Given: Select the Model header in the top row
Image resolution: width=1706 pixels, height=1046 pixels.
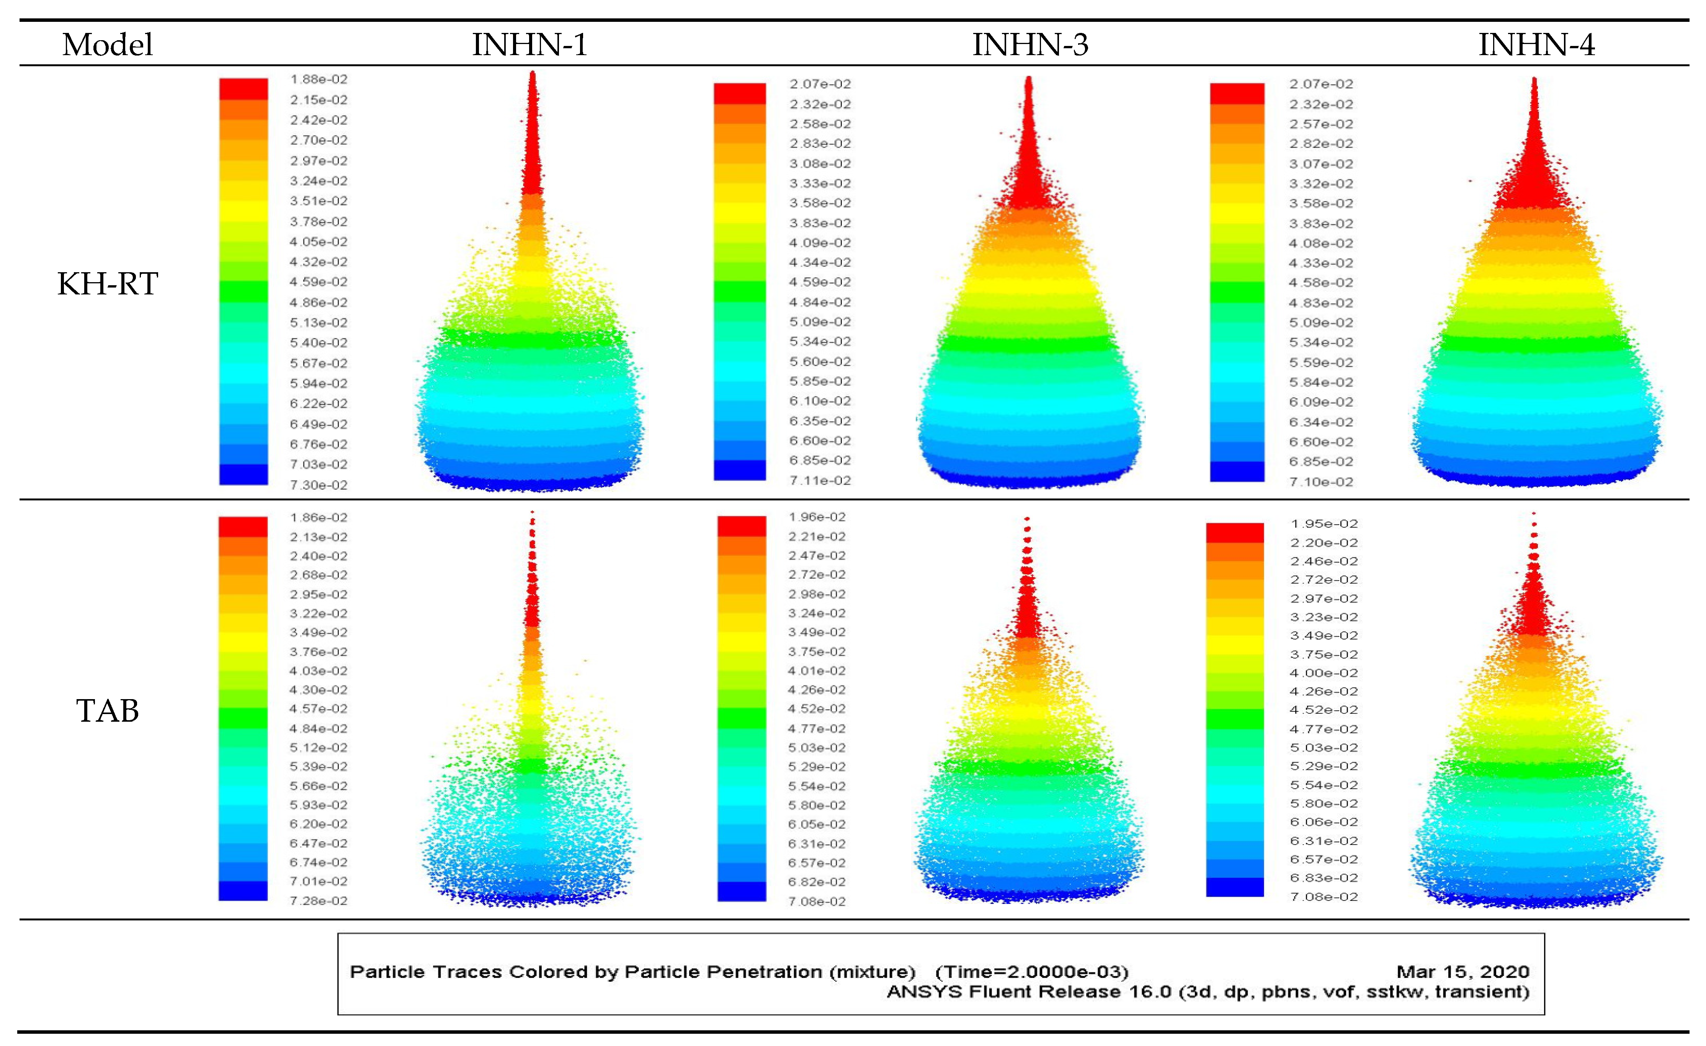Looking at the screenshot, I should pyautogui.click(x=107, y=45).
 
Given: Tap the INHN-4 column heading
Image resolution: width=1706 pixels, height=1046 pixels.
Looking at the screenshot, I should pyautogui.click(x=1536, y=45).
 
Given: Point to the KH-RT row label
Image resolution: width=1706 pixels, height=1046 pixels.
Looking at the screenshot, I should pyautogui.click(x=107, y=284).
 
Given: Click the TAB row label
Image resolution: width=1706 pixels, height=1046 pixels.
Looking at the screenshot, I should pyautogui.click(x=107, y=711).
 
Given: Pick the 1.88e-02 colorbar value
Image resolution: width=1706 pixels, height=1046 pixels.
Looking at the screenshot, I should pyautogui.click(x=319, y=80).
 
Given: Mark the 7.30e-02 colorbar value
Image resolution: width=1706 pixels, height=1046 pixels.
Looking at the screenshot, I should pyautogui.click(x=319, y=485).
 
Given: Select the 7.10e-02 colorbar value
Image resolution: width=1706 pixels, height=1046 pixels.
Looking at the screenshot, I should pyautogui.click(x=1320, y=482).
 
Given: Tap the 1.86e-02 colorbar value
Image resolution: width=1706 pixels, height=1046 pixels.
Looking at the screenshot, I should pyautogui.click(x=319, y=518).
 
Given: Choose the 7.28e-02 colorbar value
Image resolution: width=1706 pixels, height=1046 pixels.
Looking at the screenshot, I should pyautogui.click(x=319, y=901).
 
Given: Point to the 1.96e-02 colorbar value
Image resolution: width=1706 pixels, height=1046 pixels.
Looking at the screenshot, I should pyautogui.click(x=817, y=517).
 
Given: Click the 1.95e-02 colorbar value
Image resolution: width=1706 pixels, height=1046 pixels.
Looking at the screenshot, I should pyautogui.click(x=1324, y=524).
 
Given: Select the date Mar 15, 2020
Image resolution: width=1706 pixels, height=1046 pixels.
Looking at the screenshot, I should pyautogui.click(x=1462, y=972).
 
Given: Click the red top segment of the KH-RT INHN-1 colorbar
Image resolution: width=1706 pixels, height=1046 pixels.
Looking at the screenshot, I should pyautogui.click(x=243, y=88).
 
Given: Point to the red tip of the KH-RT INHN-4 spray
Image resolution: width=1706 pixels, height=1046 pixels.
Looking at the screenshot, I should pyautogui.click(x=1534, y=139).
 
